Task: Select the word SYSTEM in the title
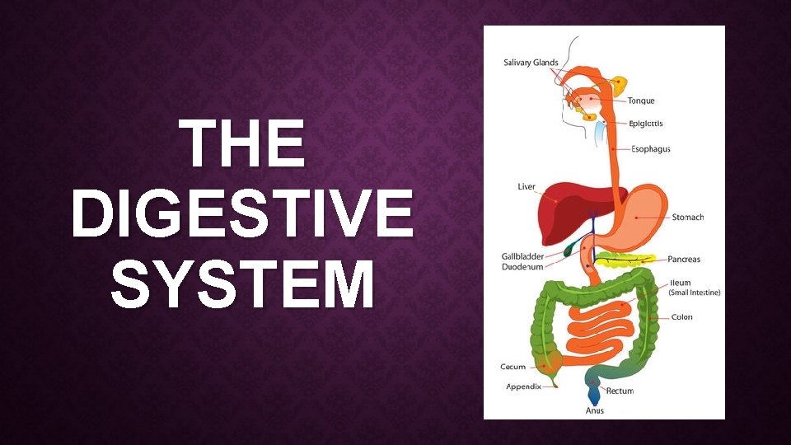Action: [x=242, y=283]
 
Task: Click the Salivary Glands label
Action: [x=531, y=63]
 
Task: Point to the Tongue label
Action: [x=641, y=101]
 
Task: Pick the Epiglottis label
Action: [x=646, y=124]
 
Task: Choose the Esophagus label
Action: [x=650, y=149]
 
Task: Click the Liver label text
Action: [x=527, y=187]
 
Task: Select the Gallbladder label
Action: [x=523, y=256]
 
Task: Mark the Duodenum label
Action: [x=522, y=267]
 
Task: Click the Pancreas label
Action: [x=684, y=260]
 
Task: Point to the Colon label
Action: [x=682, y=317]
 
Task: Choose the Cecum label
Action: [x=513, y=367]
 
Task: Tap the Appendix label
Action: [x=524, y=387]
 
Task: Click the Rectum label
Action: [x=620, y=391]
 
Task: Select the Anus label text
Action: [x=595, y=410]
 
